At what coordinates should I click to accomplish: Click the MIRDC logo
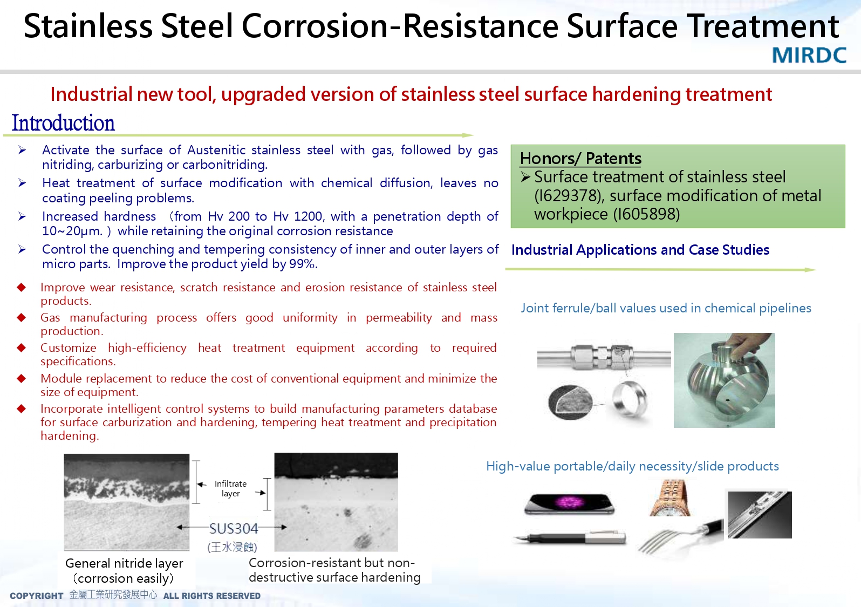(x=809, y=56)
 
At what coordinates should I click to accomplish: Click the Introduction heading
(x=63, y=123)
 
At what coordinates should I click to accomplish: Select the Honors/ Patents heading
(x=580, y=159)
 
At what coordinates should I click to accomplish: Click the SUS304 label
(x=233, y=529)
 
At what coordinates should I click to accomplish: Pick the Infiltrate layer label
(x=231, y=489)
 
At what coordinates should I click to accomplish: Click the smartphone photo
(x=570, y=503)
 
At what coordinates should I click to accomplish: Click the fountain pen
(x=570, y=537)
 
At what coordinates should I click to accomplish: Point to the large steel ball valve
(x=724, y=380)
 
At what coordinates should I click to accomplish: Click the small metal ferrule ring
(x=629, y=399)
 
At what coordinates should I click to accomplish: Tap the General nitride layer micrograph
(x=126, y=502)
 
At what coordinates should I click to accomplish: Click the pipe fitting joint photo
(x=604, y=357)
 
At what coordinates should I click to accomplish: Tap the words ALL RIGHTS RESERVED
(x=212, y=596)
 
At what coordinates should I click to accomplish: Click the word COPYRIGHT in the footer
(x=37, y=596)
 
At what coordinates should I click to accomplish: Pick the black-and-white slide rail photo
(x=760, y=515)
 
